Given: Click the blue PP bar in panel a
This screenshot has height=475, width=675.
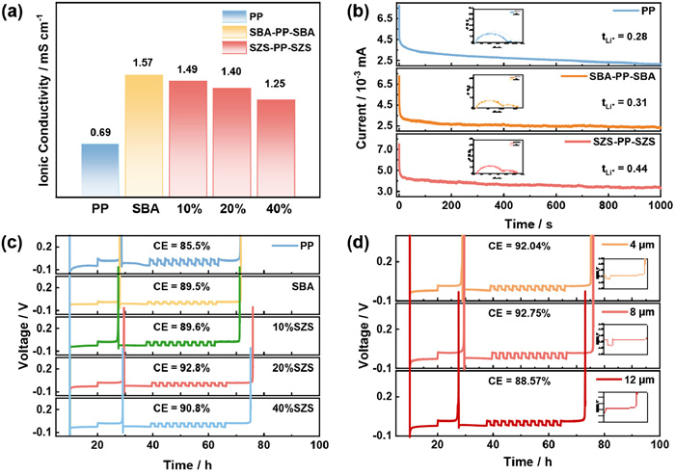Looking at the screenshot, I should tap(99, 169).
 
